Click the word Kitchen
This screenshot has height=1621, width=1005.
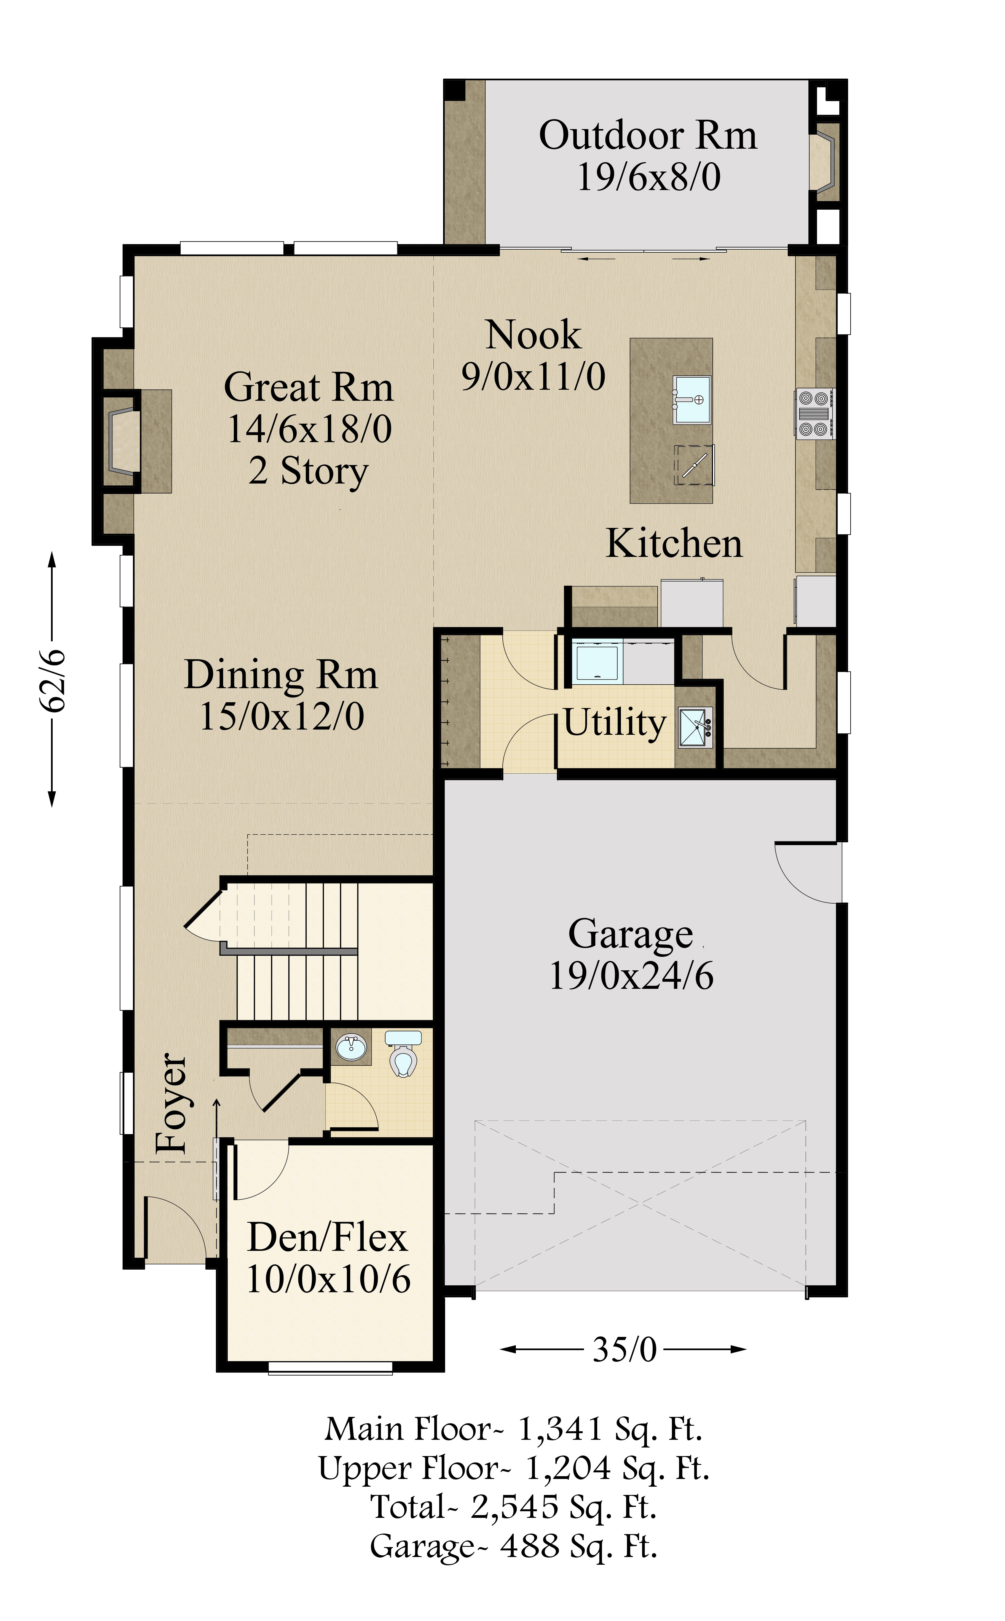click(x=674, y=544)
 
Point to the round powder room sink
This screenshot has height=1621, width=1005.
click(x=351, y=1047)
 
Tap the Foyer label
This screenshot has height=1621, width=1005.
click(x=171, y=1104)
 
